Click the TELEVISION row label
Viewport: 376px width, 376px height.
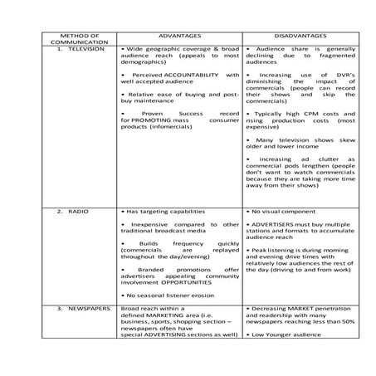82,50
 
